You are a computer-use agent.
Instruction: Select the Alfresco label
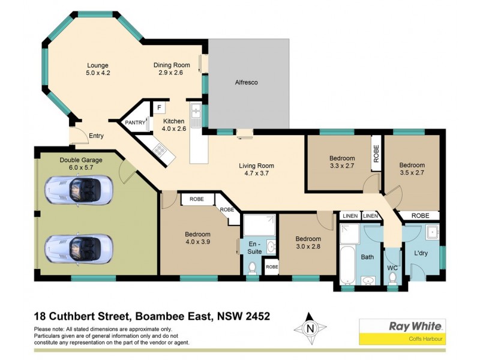point(246,82)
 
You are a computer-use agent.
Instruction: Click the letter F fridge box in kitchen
point(159,108)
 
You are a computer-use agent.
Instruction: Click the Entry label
point(96,136)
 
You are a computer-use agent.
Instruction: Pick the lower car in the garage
point(78,248)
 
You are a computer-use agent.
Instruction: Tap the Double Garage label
point(81,160)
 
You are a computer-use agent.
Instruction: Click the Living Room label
point(256,166)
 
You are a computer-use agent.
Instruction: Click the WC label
point(392,267)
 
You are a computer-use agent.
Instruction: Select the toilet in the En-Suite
point(253,266)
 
